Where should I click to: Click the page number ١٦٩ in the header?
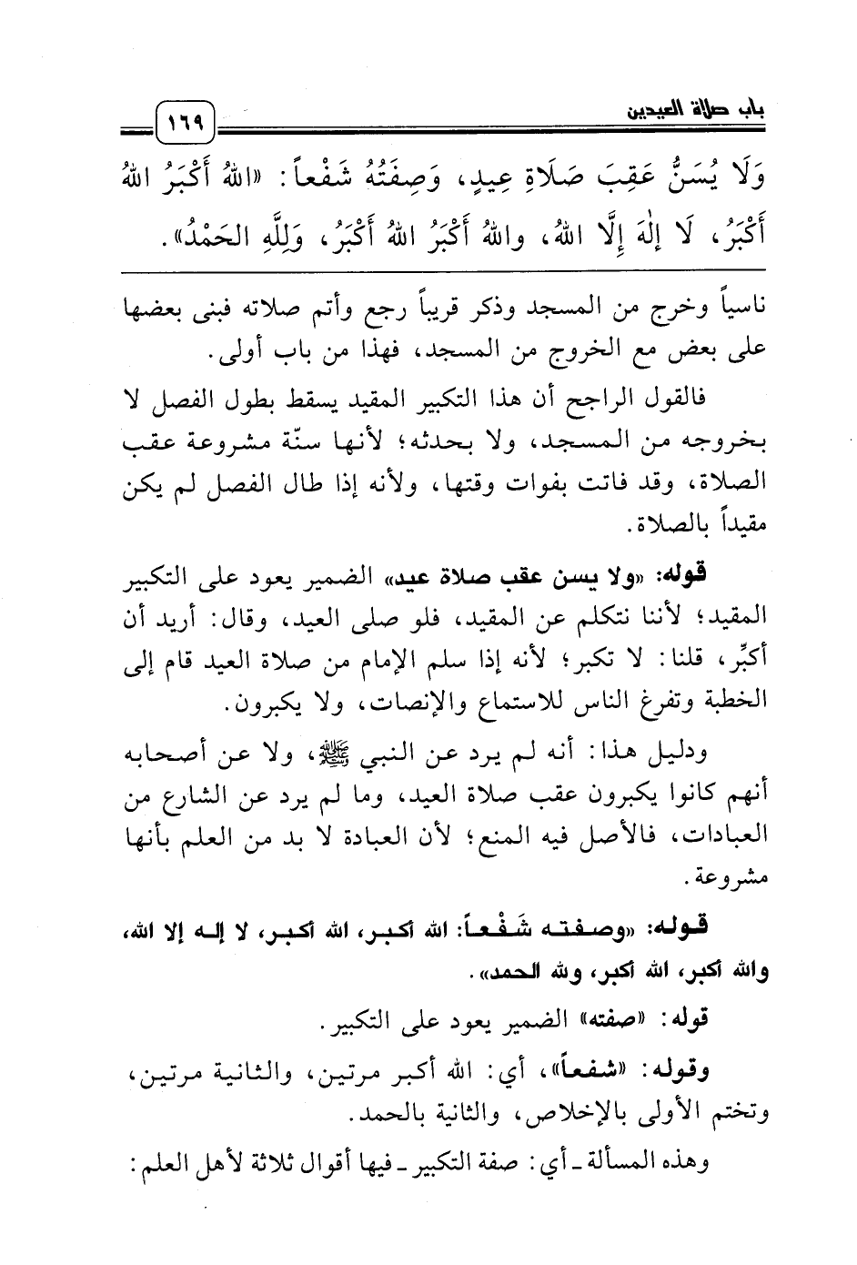[185, 120]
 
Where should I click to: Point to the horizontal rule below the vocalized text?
[444, 270]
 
